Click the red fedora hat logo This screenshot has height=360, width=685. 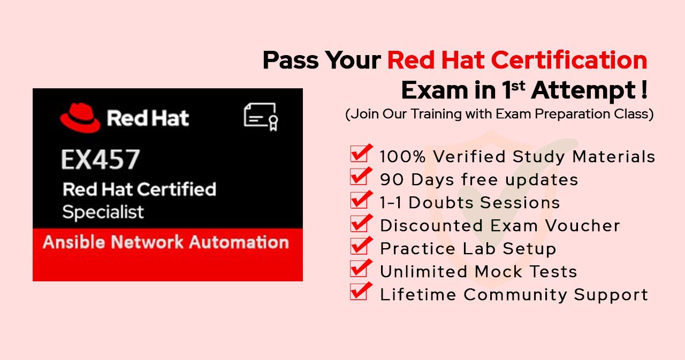[x=80, y=118]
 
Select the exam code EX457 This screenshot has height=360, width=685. [x=101, y=159]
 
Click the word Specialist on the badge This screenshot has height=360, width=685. [x=103, y=212]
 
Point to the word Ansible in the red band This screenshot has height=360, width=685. [x=74, y=242]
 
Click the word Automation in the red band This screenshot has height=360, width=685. [x=239, y=242]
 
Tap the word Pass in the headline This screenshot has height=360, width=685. [x=291, y=60]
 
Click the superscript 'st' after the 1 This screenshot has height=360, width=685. [x=518, y=86]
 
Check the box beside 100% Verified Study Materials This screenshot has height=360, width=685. [x=361, y=153]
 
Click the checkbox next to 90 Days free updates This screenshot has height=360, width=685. [x=361, y=177]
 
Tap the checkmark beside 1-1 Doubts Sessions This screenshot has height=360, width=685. [x=361, y=199]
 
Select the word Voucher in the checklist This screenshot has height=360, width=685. [x=583, y=226]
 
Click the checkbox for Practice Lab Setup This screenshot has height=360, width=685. [x=361, y=246]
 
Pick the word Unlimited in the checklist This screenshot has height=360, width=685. [x=424, y=271]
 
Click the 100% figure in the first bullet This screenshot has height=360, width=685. [x=402, y=157]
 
